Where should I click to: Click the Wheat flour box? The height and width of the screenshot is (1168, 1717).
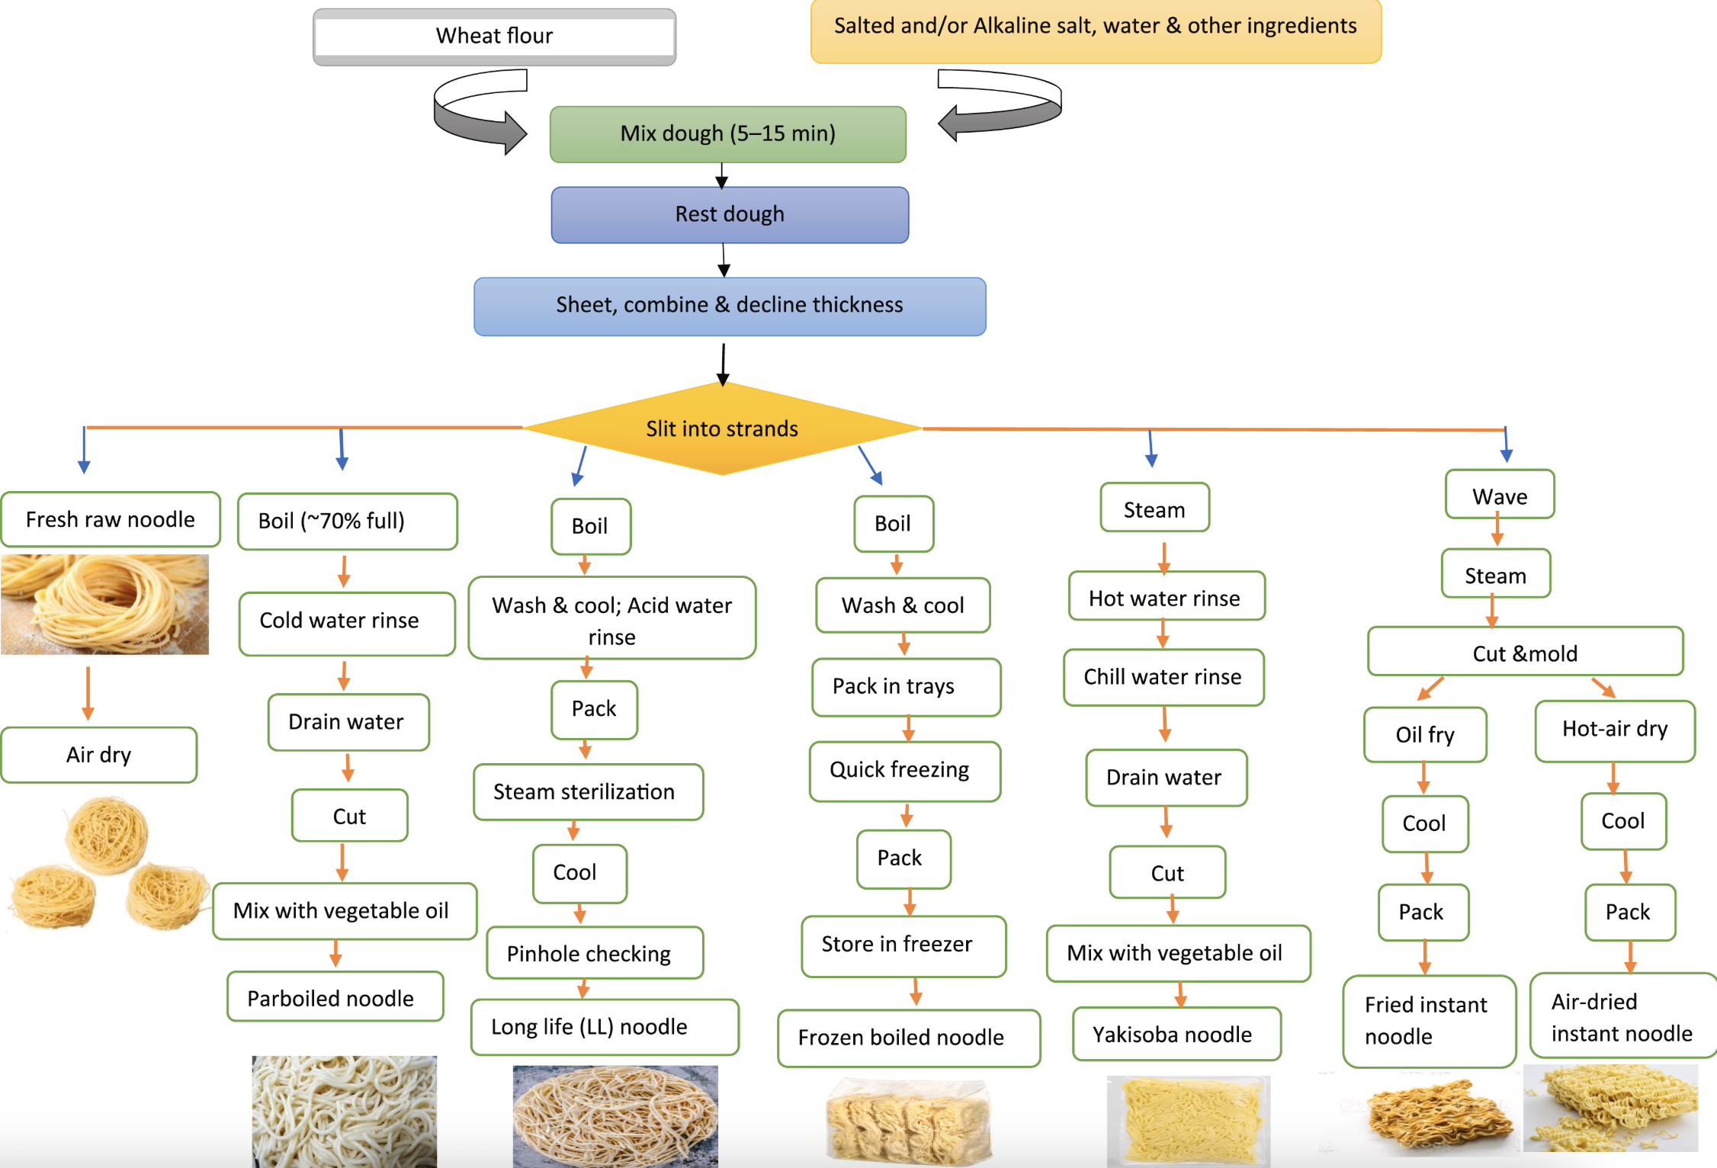(x=494, y=37)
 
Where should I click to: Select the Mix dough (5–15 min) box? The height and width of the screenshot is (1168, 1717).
(x=728, y=134)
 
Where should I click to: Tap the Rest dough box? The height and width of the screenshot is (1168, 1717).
(x=730, y=215)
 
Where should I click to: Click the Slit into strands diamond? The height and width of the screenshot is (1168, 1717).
(x=723, y=428)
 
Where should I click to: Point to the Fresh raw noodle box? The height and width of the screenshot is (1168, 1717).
(x=111, y=519)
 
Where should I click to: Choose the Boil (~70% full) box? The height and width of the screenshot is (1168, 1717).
(x=348, y=521)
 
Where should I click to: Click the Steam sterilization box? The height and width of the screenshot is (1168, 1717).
(x=588, y=792)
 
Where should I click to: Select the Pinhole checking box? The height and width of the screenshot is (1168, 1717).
(x=595, y=953)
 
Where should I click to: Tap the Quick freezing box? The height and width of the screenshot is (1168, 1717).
(x=905, y=771)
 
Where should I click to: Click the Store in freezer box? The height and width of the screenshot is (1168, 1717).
(x=903, y=945)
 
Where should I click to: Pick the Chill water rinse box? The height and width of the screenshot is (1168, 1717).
(x=1163, y=677)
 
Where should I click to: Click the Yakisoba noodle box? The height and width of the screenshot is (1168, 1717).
(x=1176, y=1034)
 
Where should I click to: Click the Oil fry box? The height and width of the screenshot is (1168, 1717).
(x=1425, y=734)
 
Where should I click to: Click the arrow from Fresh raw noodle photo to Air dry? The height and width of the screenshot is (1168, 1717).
(x=88, y=694)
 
